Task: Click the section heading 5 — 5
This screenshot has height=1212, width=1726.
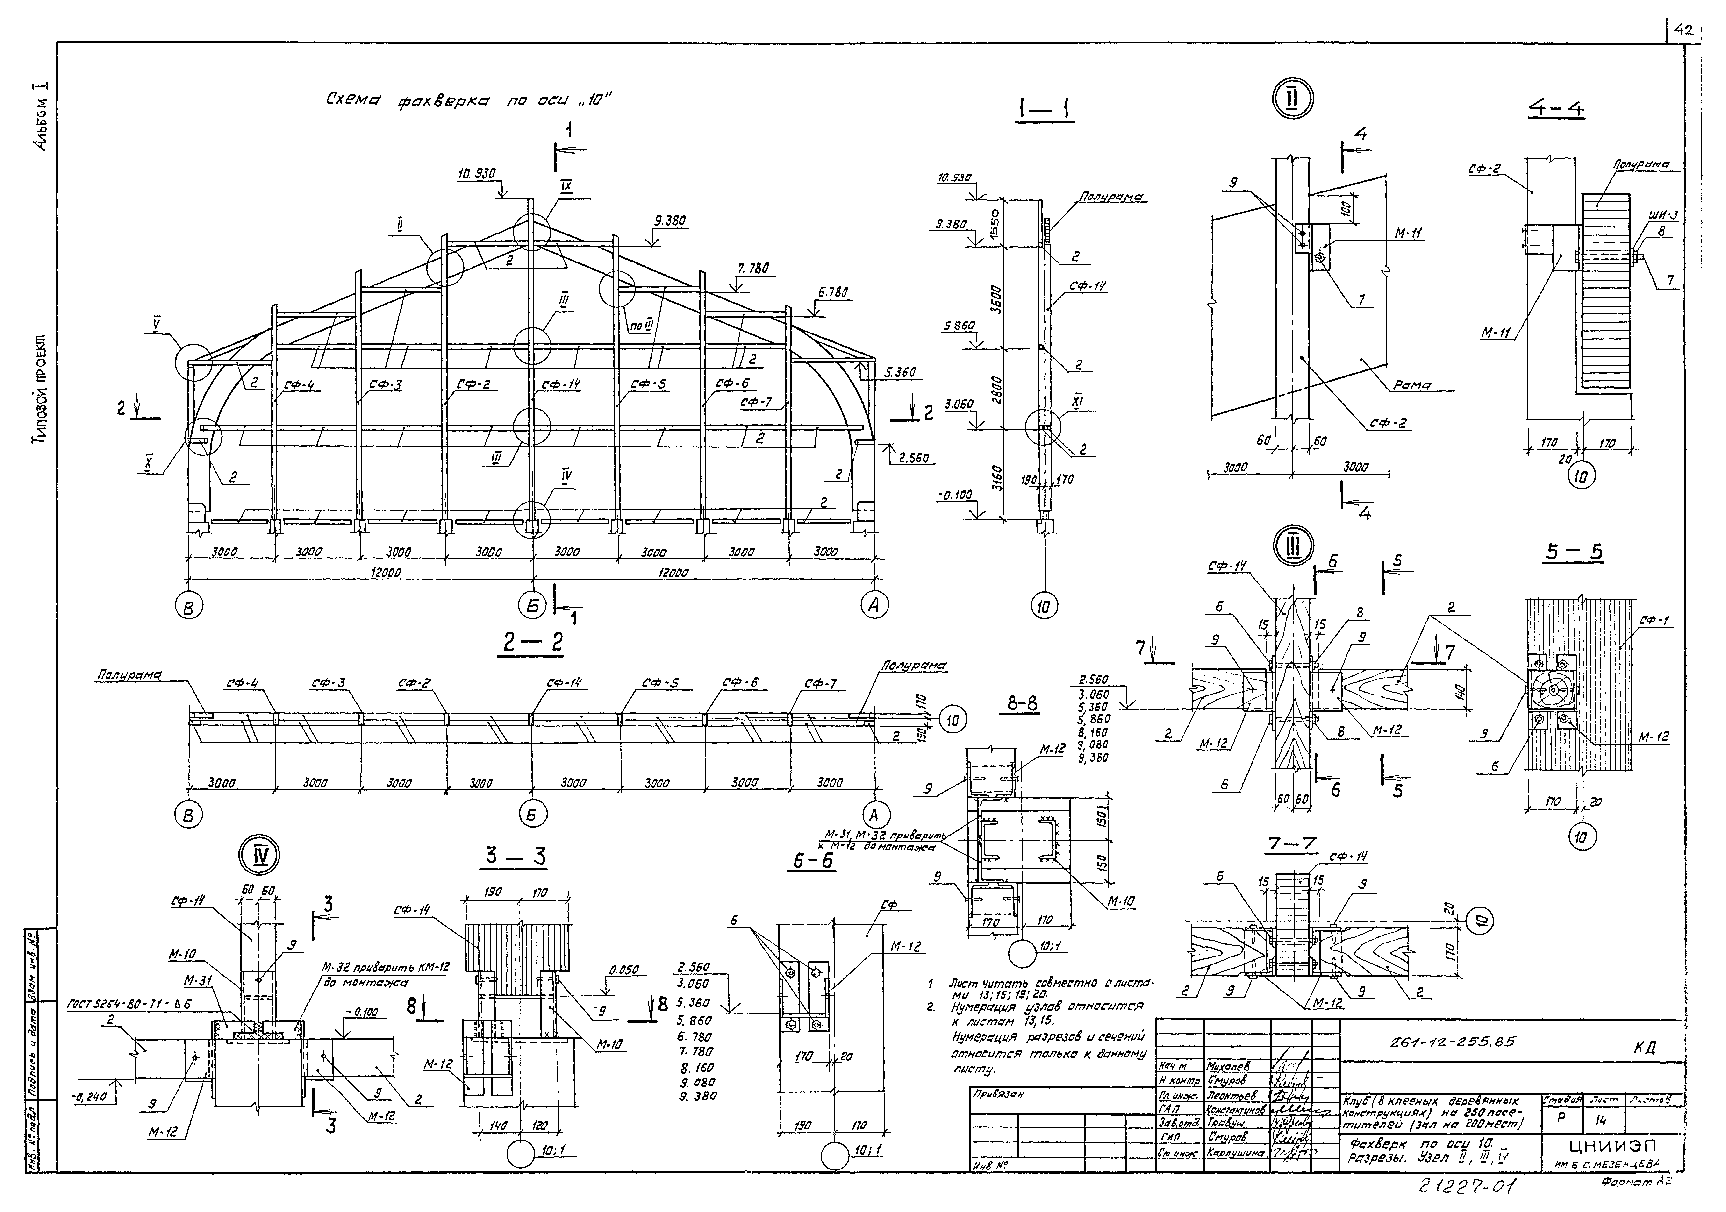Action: (1573, 552)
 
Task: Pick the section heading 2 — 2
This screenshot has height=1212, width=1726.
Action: (531, 642)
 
